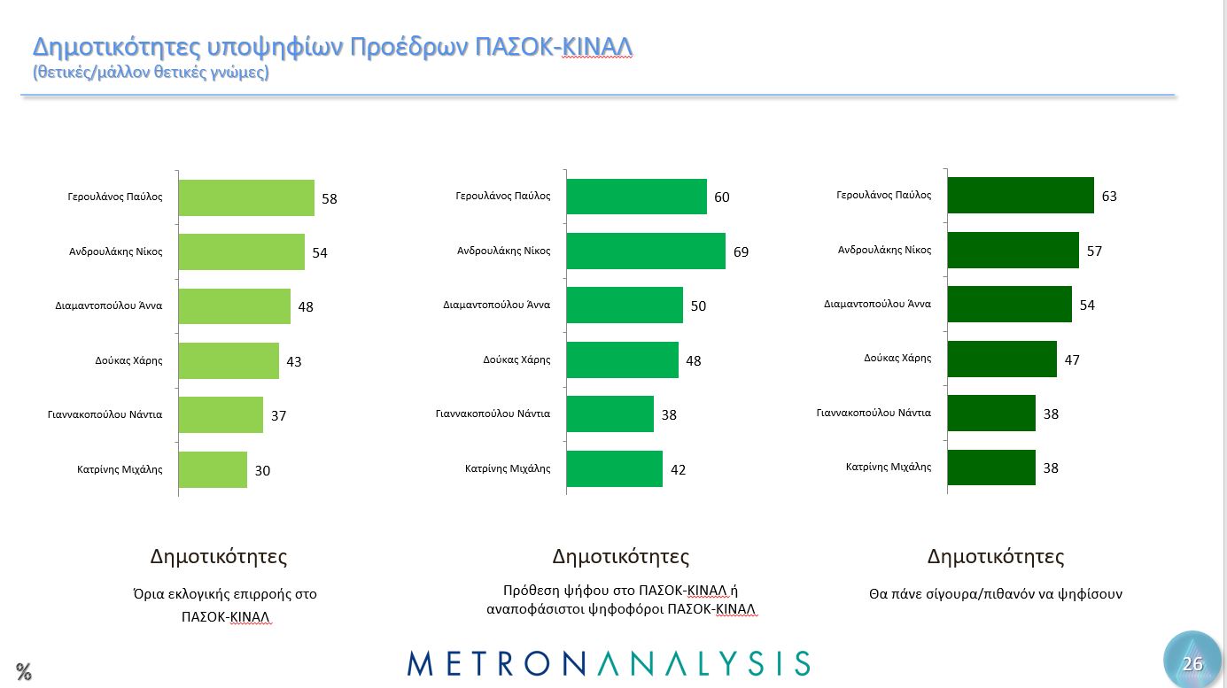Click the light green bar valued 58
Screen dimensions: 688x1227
click(x=246, y=197)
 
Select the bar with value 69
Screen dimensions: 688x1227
click(x=645, y=251)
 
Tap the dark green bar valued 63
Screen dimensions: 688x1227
click(x=1021, y=195)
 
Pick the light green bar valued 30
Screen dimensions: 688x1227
click(x=213, y=469)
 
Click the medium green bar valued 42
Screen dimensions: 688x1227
click(x=614, y=468)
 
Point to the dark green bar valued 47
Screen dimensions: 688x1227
click(x=1002, y=359)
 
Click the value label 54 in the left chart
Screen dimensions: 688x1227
click(x=320, y=253)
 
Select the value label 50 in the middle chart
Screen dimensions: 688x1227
click(x=698, y=305)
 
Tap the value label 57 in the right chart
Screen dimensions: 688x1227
click(x=1094, y=251)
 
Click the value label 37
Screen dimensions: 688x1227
click(x=278, y=415)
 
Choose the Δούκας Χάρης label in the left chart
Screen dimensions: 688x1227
click(x=128, y=360)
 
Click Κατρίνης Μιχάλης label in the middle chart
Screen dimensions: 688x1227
click(x=508, y=468)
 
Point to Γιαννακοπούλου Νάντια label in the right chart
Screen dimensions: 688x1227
click(x=874, y=412)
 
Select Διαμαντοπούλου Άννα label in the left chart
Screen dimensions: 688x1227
click(x=108, y=305)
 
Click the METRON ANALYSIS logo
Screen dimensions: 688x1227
click(x=609, y=663)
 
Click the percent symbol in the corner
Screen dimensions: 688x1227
click(x=23, y=671)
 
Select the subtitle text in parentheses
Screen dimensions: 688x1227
click(x=151, y=73)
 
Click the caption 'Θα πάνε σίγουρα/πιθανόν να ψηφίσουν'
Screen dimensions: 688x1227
click(x=995, y=594)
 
